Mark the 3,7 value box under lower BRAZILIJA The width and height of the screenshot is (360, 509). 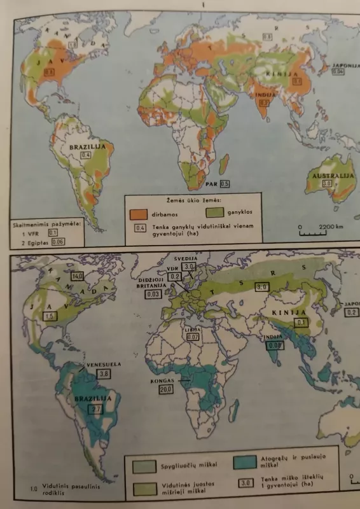[x=97, y=410]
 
